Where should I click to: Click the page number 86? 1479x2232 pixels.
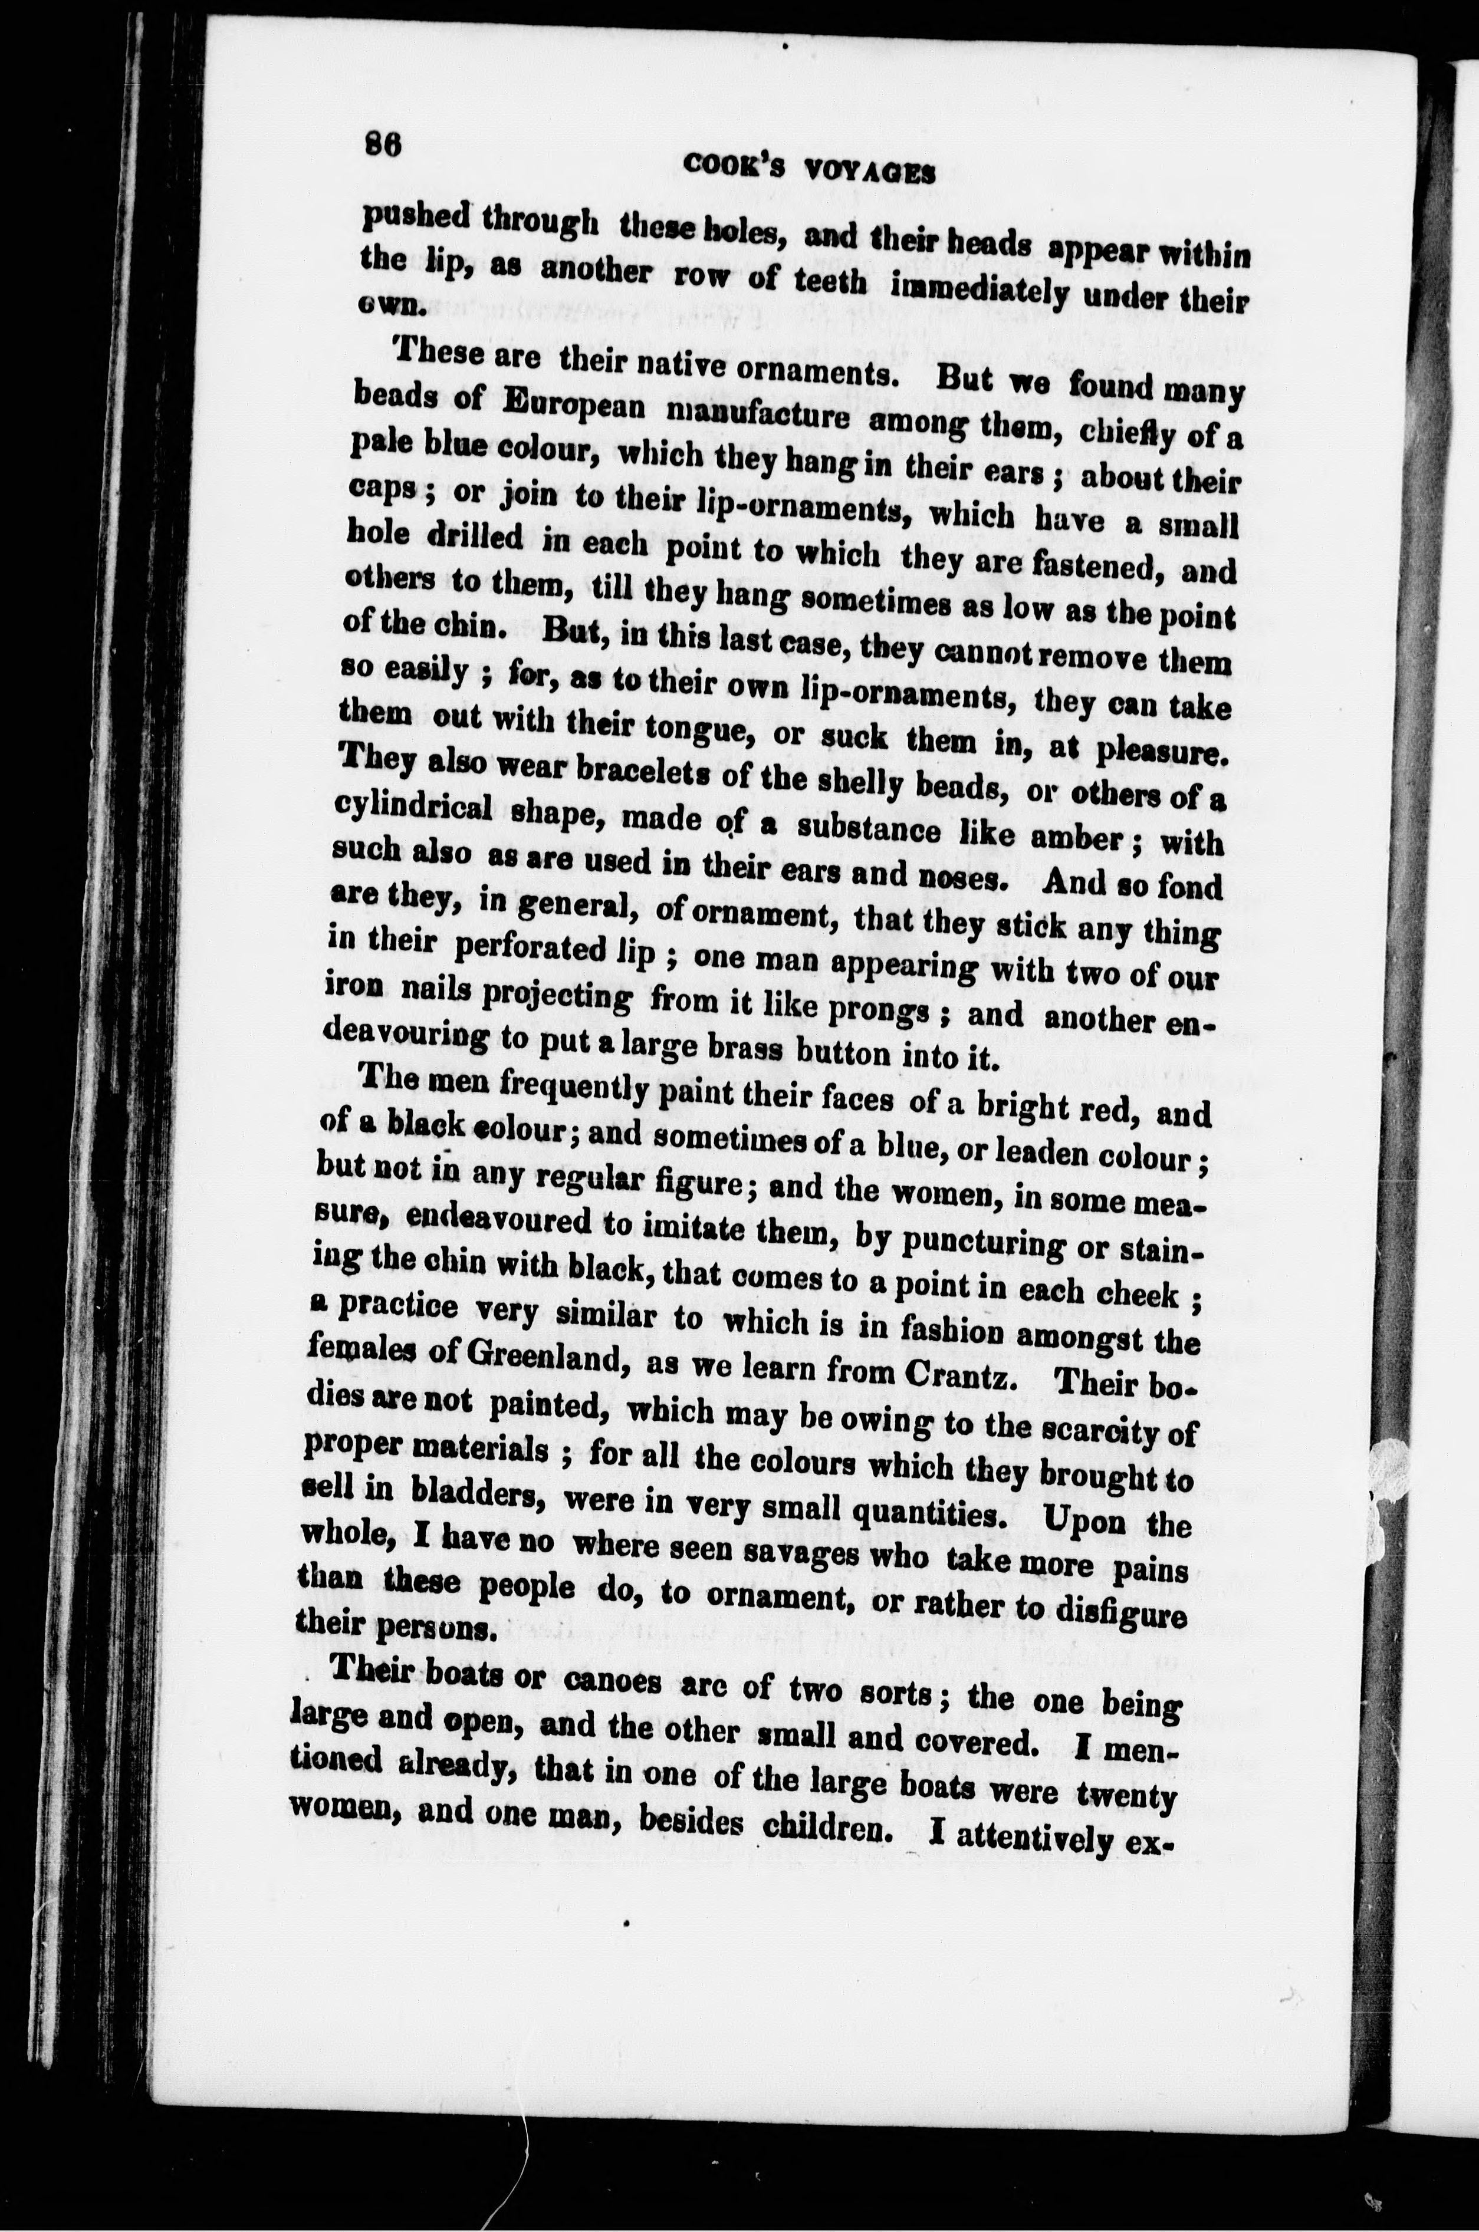coord(384,146)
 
